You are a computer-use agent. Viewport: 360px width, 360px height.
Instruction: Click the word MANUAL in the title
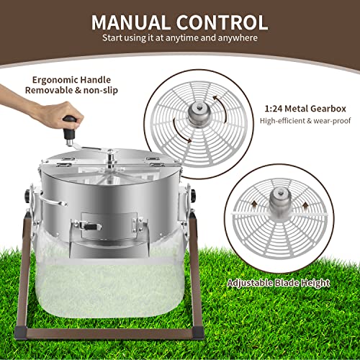coord(130,22)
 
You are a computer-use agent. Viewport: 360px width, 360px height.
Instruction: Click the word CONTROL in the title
coord(222,22)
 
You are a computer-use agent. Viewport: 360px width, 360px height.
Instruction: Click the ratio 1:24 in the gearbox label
coord(274,109)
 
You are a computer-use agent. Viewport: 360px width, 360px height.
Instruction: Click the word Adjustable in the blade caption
coord(250,283)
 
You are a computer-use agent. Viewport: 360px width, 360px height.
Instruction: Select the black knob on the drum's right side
coord(193,196)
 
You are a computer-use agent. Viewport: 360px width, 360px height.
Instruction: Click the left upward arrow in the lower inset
coord(254,204)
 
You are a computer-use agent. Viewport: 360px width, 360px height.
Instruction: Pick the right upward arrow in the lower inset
coord(305,206)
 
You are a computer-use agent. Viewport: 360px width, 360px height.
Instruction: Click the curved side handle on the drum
coord(53,201)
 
